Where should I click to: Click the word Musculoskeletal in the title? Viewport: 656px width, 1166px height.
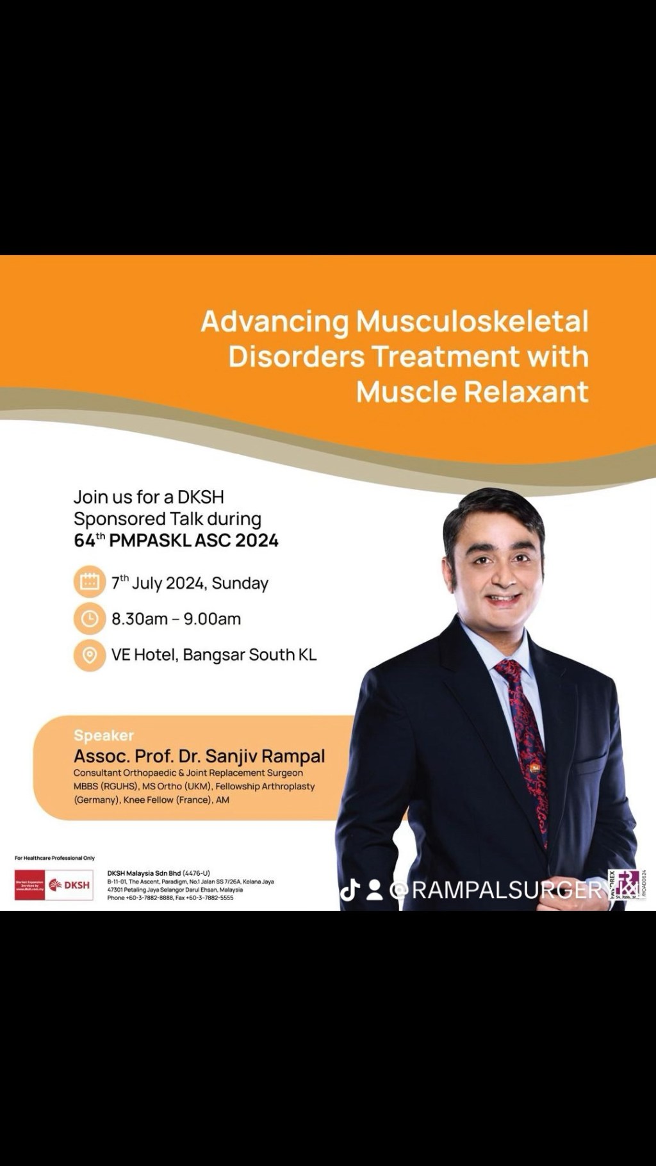tap(471, 321)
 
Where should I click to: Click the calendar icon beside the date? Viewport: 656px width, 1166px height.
tap(89, 582)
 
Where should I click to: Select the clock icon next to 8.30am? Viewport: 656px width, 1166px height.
tap(89, 618)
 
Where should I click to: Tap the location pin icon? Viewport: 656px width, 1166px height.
tap(89, 655)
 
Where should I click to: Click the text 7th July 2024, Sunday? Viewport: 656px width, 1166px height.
tap(190, 583)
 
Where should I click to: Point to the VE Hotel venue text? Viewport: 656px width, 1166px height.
tap(213, 655)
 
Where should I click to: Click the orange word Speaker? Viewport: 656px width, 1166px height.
tap(104, 735)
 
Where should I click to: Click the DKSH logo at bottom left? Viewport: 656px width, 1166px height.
tap(69, 885)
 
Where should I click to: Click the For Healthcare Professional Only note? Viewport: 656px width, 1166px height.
tap(54, 858)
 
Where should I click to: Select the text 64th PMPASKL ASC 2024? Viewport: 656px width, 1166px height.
tap(176, 540)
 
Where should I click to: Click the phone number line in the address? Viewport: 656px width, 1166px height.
tap(170, 898)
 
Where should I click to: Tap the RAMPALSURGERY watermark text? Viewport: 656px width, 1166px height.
tap(509, 890)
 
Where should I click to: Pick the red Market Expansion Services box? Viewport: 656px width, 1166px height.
tap(29, 885)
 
